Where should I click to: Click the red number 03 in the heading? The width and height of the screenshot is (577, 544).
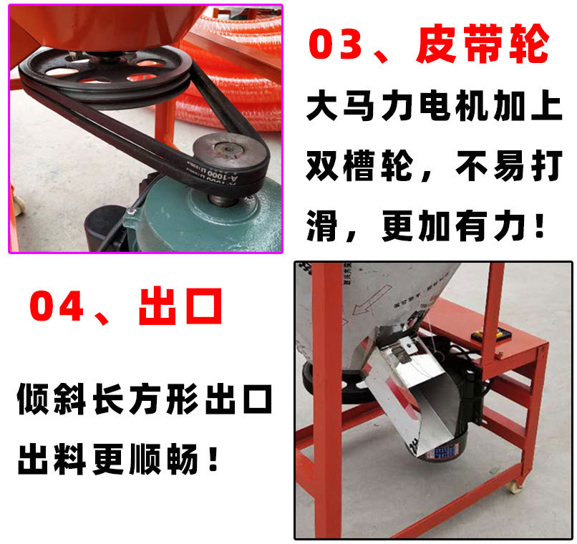tap(341, 47)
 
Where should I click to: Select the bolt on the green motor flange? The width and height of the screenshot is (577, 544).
tap(131, 212)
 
